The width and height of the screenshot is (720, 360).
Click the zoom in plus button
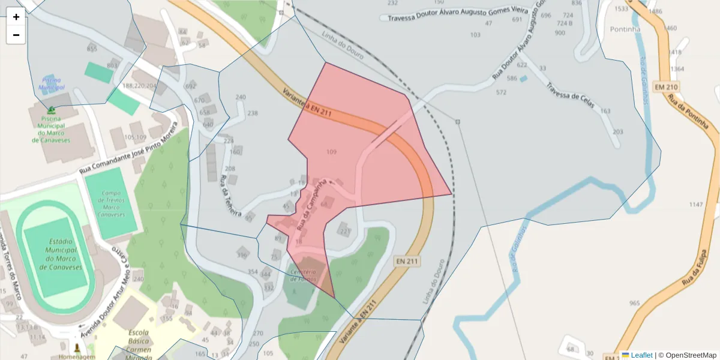(x=16, y=17)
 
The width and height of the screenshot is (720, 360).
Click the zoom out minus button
(x=16, y=35)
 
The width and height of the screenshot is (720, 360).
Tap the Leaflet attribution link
(x=641, y=355)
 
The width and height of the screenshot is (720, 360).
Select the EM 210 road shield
(x=665, y=87)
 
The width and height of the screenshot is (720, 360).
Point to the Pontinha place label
(x=625, y=29)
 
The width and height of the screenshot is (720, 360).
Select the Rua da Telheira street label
(x=230, y=196)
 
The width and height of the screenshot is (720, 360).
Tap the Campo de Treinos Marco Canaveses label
(x=111, y=204)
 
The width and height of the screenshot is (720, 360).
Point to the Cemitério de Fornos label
(x=304, y=275)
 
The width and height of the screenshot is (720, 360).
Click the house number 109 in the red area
(x=331, y=152)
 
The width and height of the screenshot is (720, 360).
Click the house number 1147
(x=695, y=205)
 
